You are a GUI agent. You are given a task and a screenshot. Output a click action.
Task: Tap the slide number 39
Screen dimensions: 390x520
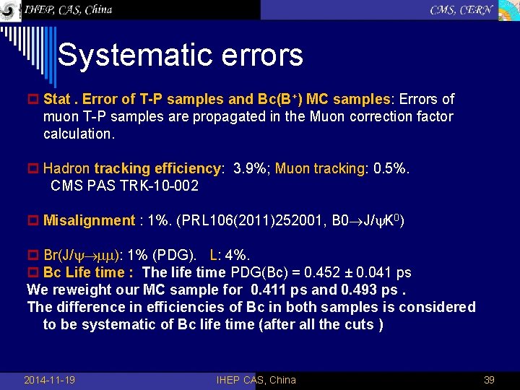coord(488,380)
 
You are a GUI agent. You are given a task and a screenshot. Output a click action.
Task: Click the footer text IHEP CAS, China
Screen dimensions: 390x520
coord(256,380)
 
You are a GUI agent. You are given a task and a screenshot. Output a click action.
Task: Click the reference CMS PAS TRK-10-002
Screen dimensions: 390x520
coord(124,186)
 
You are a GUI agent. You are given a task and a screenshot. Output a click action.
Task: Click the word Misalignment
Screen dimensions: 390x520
coord(89,221)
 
